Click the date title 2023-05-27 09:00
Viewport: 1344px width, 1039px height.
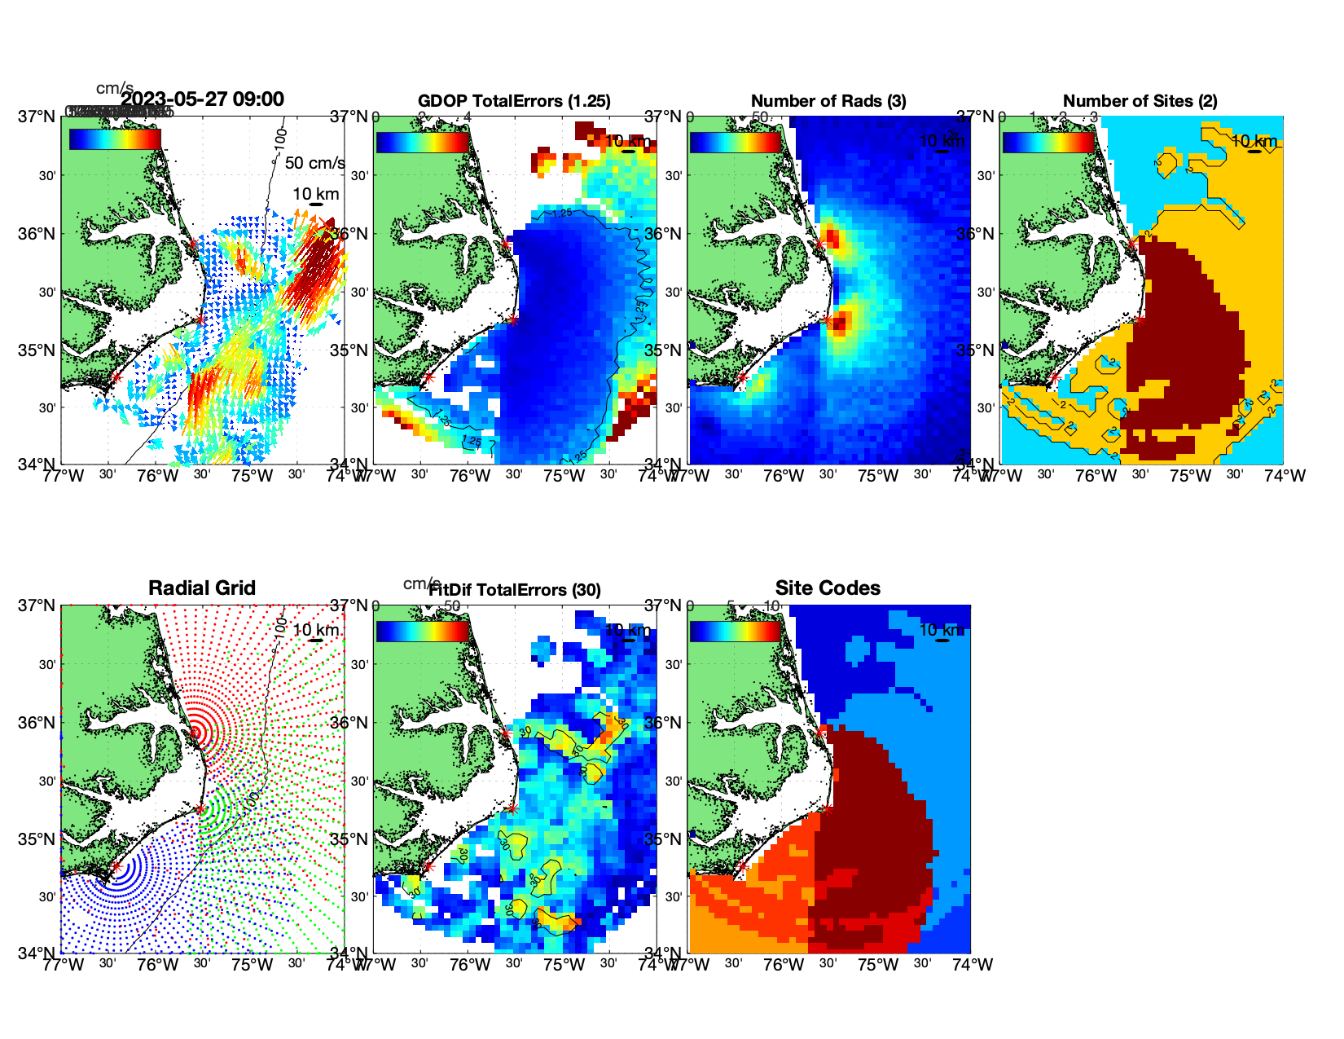[x=202, y=99]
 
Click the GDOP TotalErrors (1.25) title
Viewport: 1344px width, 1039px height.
[x=514, y=101]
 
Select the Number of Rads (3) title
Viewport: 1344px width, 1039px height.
[x=828, y=101]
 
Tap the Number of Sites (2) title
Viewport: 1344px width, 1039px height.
[x=1140, y=101]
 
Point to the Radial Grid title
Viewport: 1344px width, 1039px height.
[x=202, y=588]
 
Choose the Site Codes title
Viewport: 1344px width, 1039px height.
[x=828, y=588]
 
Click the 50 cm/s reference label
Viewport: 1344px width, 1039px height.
[x=314, y=163]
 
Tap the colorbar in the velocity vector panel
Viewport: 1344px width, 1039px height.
[x=115, y=139]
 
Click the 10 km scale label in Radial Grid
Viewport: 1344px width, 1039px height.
[x=315, y=630]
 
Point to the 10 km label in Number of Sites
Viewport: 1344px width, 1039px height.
[x=1254, y=141]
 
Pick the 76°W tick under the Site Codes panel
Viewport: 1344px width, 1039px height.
[x=784, y=965]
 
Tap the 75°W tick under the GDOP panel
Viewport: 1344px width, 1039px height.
[x=564, y=476]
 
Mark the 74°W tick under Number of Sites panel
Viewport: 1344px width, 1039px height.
[x=1285, y=476]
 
